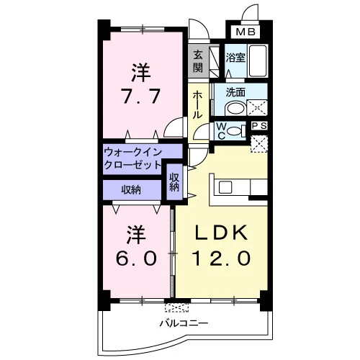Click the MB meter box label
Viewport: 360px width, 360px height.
pyautogui.click(x=246, y=32)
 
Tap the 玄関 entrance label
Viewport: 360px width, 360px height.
pyautogui.click(x=198, y=61)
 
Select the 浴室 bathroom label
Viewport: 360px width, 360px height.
pyautogui.click(x=235, y=58)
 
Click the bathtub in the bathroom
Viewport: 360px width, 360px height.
pyautogui.click(x=258, y=60)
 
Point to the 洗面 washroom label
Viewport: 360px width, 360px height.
pyautogui.click(x=235, y=92)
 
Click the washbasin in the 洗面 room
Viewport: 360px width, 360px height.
pyautogui.click(x=235, y=109)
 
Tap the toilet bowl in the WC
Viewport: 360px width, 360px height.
pyautogui.click(x=235, y=131)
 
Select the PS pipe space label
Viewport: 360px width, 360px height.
pyautogui.click(x=259, y=126)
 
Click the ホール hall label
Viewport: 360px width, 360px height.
pyautogui.click(x=198, y=104)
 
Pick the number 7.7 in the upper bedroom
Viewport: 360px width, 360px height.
pyautogui.click(x=141, y=96)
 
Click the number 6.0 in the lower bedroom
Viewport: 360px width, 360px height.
pyautogui.click(x=137, y=258)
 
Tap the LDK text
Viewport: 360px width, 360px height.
pyautogui.click(x=221, y=233)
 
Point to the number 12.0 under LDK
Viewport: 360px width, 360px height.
pyautogui.click(x=221, y=258)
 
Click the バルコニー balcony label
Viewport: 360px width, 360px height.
pyautogui.click(x=184, y=323)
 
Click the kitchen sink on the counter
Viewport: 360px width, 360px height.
pyautogui.click(x=225, y=187)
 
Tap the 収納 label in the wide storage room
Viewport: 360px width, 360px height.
pyautogui.click(x=131, y=190)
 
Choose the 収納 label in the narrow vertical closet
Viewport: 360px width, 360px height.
pyautogui.click(x=174, y=182)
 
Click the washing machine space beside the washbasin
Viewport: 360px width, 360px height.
pyautogui.click(x=257, y=108)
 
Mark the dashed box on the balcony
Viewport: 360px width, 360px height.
pyautogui.click(x=177, y=308)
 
